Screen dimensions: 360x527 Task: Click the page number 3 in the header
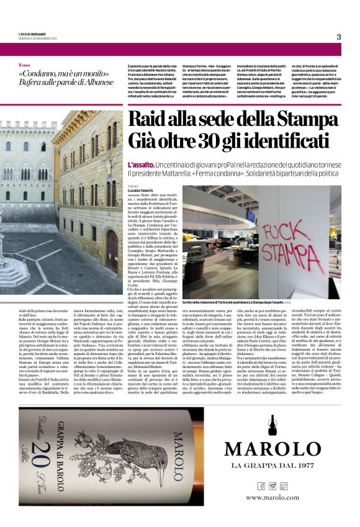tap(339, 37)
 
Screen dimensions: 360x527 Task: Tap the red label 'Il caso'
tap(24, 65)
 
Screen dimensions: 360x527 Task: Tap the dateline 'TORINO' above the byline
tap(133, 186)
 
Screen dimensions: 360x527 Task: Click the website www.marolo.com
tap(272, 497)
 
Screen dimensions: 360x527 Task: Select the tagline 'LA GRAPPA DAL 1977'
tap(272, 466)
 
